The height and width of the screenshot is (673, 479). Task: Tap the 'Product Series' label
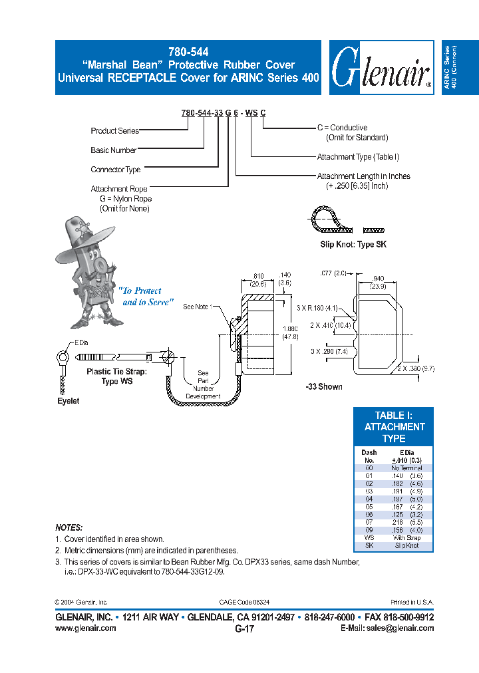click(114, 131)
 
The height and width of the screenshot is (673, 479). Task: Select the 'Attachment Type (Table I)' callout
click(358, 157)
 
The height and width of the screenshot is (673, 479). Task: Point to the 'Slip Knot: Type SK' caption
click(353, 245)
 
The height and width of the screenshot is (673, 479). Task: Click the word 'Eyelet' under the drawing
click(67, 401)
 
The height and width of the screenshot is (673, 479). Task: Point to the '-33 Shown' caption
click(324, 387)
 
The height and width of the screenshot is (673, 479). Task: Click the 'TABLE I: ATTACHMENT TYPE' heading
click(394, 426)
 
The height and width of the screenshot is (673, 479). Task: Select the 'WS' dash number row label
click(369, 538)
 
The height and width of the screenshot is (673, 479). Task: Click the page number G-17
click(244, 628)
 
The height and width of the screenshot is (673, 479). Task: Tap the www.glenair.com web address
click(85, 628)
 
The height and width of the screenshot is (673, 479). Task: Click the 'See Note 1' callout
click(197, 307)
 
